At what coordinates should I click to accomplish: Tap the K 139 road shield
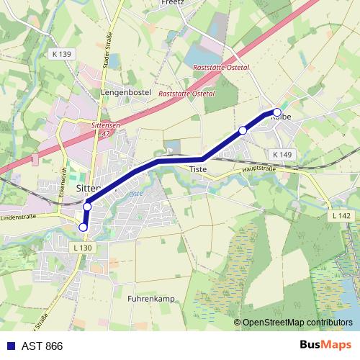(x=62, y=55)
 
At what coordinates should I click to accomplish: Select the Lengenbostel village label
(x=125, y=92)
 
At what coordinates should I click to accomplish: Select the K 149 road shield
(x=282, y=155)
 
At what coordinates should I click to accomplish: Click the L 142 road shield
(x=342, y=216)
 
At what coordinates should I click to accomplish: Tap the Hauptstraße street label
(x=259, y=169)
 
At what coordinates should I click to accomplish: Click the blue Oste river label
(x=132, y=194)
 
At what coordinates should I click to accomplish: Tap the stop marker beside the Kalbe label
(x=276, y=112)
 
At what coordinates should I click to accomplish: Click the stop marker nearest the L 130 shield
(x=83, y=228)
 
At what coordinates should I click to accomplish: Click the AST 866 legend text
(x=42, y=346)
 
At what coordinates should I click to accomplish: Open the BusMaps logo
(x=326, y=345)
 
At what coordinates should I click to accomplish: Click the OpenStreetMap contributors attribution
(x=297, y=323)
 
